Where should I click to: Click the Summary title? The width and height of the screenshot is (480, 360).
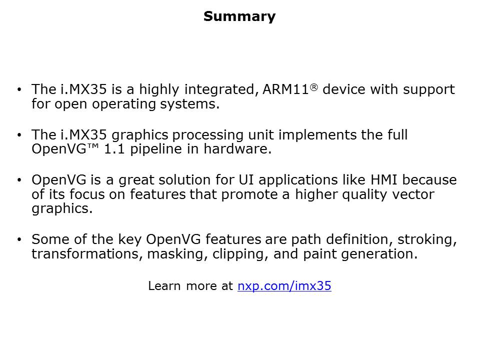point(239,17)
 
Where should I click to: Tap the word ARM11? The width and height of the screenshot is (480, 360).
point(285,89)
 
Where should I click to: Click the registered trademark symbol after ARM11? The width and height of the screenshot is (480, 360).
point(314,87)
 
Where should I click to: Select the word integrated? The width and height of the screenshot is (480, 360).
point(219,90)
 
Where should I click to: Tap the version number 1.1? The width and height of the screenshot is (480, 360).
point(114,149)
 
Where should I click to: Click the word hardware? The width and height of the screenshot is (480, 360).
point(237,149)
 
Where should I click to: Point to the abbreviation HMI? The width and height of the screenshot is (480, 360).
point(384,180)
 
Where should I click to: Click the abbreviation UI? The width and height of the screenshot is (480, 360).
point(246,180)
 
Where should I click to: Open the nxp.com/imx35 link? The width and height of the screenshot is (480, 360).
point(284,286)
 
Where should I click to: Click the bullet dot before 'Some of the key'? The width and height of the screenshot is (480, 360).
point(19,239)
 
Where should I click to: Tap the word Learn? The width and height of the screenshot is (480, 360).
point(164,286)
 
